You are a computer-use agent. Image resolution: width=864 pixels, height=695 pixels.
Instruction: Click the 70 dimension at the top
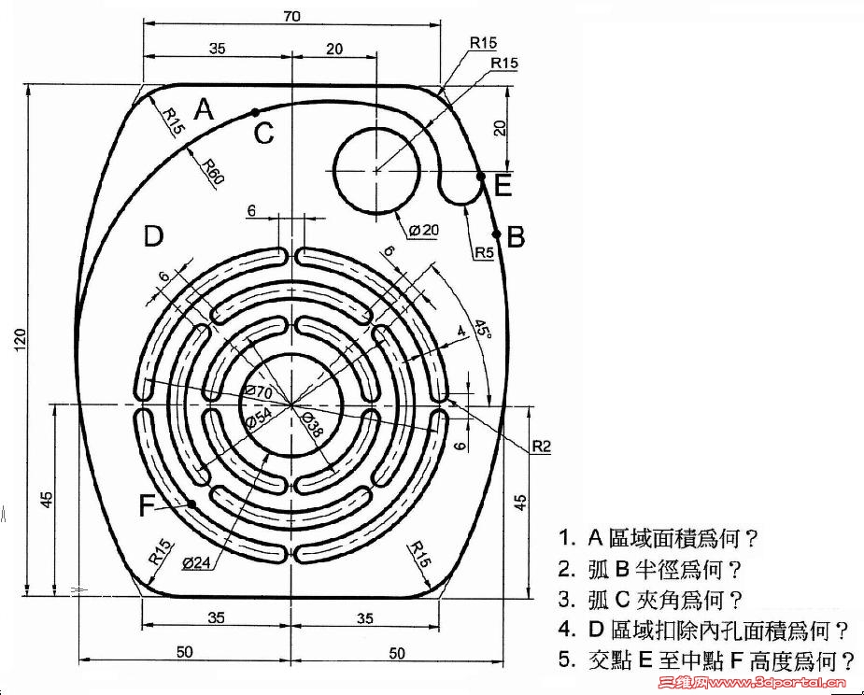(x=291, y=15)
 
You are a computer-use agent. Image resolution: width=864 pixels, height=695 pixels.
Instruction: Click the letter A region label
(x=204, y=110)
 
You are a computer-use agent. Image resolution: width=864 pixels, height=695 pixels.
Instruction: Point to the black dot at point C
(x=255, y=112)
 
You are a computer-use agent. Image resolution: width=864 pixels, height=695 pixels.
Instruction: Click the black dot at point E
(x=481, y=175)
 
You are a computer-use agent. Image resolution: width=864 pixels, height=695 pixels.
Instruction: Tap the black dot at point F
(x=191, y=504)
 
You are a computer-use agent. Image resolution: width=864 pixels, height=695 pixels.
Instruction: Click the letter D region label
(x=153, y=236)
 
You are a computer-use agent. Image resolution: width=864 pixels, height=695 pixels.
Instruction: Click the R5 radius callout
(x=483, y=253)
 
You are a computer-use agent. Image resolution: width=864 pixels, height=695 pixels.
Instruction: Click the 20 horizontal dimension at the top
(x=334, y=50)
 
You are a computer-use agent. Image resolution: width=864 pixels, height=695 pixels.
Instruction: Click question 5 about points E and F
(x=706, y=660)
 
